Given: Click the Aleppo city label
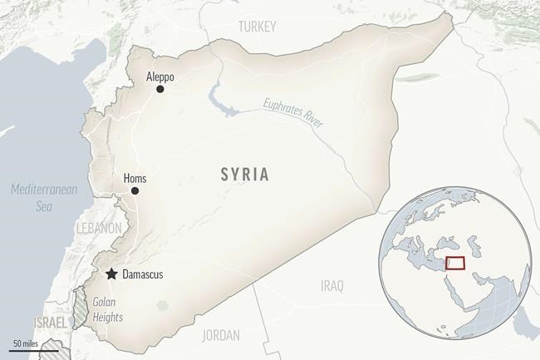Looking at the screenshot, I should coord(161,74).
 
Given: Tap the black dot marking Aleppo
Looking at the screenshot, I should coord(160,89).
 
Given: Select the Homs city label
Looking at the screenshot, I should coord(135,177).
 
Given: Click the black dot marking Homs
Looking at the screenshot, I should coord(135,191).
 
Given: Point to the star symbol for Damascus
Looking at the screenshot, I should coord(110,274).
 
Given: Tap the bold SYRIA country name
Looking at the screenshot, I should coord(244,175).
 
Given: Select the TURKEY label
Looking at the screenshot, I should coord(257,27).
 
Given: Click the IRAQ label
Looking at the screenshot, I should coord(331,286).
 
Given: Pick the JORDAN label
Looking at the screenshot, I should coord(220,336).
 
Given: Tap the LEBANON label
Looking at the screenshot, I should coord(99,227).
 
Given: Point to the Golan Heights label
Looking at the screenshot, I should coord(107,309).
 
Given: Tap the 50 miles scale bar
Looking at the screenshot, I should coord(28,348).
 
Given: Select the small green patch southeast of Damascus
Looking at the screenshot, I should coord(162,305).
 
